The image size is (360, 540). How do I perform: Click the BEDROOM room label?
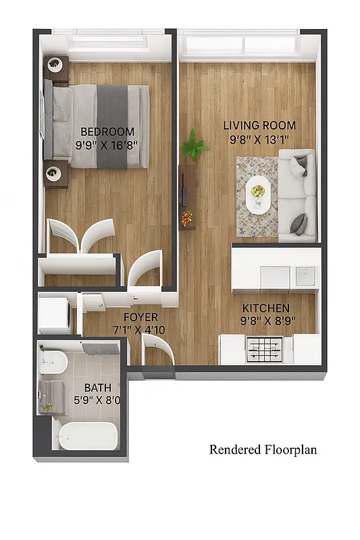[x=107, y=132]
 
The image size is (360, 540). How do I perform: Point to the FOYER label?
[x=140, y=317]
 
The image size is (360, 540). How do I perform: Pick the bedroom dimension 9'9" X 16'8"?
[x=107, y=144]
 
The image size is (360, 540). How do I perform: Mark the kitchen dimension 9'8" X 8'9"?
[x=269, y=322]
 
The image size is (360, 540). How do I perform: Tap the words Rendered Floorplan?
[x=263, y=450]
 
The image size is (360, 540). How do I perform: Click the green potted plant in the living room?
[x=195, y=144]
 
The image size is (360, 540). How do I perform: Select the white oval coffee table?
[x=258, y=195]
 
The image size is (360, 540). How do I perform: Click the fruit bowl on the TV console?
[x=186, y=218]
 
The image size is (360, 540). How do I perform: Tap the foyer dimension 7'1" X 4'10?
[x=140, y=330]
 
